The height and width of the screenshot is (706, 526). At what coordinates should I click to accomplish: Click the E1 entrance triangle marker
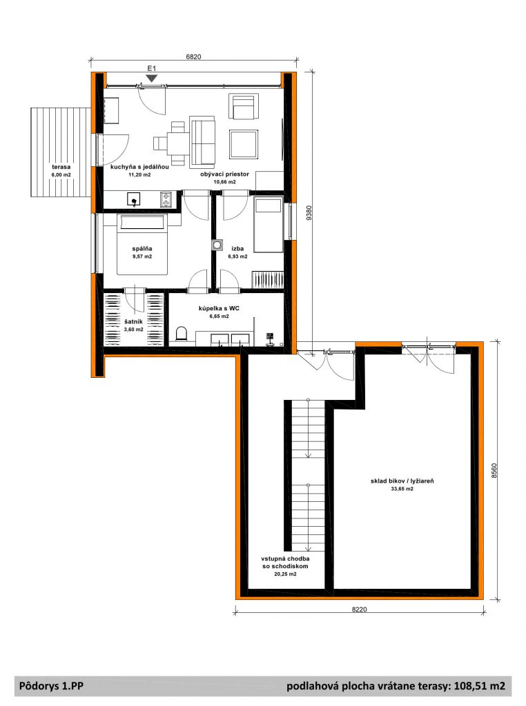(152, 79)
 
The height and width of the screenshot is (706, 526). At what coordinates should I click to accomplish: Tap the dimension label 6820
(193, 57)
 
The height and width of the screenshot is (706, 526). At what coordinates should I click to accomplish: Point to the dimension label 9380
(309, 212)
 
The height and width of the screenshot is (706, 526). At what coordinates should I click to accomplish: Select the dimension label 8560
(494, 470)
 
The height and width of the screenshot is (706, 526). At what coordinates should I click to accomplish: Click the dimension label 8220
(359, 609)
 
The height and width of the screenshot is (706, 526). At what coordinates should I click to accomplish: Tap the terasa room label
(61, 167)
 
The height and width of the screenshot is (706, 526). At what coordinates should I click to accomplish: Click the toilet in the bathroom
(181, 334)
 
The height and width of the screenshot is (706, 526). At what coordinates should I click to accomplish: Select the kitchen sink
(133, 199)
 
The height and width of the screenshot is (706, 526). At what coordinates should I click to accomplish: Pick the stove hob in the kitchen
(166, 199)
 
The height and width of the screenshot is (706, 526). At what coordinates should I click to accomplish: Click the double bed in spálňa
(142, 245)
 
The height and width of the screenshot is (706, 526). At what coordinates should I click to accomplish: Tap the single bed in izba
(269, 225)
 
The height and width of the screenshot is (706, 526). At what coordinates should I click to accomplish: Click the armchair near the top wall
(244, 107)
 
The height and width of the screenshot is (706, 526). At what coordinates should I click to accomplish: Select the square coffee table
(244, 144)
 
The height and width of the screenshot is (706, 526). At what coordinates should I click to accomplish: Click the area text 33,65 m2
(402, 489)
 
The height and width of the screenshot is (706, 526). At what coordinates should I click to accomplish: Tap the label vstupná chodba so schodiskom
(285, 563)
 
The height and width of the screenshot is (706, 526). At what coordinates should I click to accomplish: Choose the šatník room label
(133, 321)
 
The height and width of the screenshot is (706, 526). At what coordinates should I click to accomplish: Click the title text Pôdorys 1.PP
(51, 686)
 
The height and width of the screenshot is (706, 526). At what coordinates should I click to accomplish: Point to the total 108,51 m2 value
(480, 686)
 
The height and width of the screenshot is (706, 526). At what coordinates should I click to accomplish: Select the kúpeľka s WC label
(219, 308)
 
